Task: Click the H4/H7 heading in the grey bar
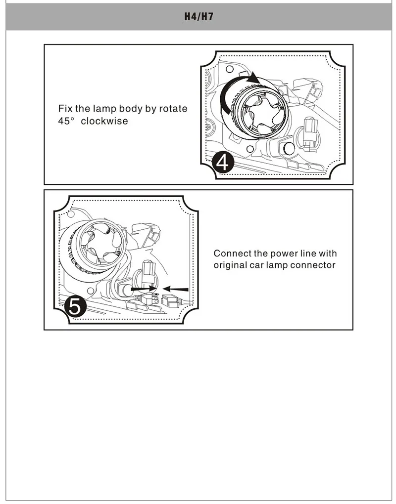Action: click(198, 16)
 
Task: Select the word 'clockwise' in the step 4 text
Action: click(104, 121)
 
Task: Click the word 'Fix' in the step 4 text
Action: click(65, 109)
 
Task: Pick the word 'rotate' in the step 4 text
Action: click(173, 109)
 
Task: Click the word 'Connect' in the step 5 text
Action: click(233, 253)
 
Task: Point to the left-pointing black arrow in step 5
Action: click(175, 289)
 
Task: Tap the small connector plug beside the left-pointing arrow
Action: click(169, 299)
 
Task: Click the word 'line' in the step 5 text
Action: click(308, 253)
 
